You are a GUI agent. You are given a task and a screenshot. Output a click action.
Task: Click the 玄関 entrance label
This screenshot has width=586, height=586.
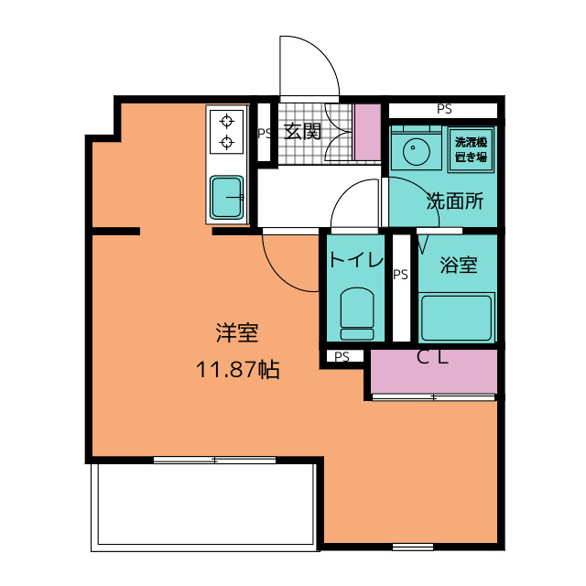click(303, 131)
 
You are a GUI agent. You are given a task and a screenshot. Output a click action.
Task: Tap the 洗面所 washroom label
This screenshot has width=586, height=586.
click(455, 201)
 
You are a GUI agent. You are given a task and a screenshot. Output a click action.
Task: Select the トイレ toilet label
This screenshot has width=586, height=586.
click(356, 259)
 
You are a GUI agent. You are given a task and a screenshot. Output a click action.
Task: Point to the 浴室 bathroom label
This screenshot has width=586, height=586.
click(459, 265)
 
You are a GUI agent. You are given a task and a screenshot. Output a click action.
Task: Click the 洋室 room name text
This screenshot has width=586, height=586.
click(237, 333)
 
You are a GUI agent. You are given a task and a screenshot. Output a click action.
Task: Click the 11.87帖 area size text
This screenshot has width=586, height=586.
click(238, 370)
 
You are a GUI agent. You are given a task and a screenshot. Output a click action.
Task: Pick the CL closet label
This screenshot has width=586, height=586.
click(432, 357)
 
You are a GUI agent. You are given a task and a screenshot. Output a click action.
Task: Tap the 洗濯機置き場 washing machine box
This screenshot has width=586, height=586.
click(472, 149)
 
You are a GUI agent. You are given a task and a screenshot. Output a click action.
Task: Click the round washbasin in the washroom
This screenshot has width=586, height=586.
click(417, 152)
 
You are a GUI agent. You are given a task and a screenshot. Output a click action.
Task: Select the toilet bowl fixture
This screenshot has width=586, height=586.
click(357, 313)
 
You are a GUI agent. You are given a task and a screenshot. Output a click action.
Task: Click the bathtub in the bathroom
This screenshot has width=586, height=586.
click(456, 318)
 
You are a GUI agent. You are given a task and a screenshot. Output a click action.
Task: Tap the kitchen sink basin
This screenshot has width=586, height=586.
click(226, 197)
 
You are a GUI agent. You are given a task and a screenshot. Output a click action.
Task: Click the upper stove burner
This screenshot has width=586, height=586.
click(227, 122)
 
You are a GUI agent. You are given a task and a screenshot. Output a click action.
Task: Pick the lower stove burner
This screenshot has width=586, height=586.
click(227, 143)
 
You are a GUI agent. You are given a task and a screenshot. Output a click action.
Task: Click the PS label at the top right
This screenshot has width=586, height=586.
click(444, 109)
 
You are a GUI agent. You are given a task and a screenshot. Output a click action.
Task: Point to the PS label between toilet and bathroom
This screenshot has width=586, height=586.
click(400, 275)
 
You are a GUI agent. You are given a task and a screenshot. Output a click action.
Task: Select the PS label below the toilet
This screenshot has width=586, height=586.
click(342, 356)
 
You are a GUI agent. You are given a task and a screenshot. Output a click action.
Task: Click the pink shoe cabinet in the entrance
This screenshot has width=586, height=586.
click(367, 132)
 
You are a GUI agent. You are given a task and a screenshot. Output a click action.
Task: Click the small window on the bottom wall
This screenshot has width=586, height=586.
click(413, 548)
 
